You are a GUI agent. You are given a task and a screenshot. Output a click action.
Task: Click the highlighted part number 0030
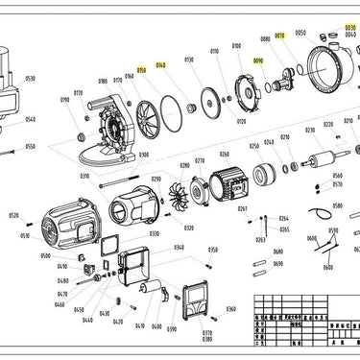(x=349, y=28)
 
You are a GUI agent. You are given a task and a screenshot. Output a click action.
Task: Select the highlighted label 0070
(x=280, y=36)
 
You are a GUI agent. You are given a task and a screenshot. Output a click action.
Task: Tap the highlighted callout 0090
(x=257, y=60)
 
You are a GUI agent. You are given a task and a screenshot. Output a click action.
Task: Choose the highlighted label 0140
(x=160, y=64)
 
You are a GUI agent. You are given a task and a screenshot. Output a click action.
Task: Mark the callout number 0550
(x=30, y=147)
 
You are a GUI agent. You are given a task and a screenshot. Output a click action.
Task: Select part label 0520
(x=13, y=217)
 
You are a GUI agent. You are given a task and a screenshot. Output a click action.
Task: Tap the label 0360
(x=230, y=309)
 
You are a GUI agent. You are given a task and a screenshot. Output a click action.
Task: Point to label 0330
(x=154, y=233)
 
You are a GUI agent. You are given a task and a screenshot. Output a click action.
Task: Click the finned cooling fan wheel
(x=173, y=188)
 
